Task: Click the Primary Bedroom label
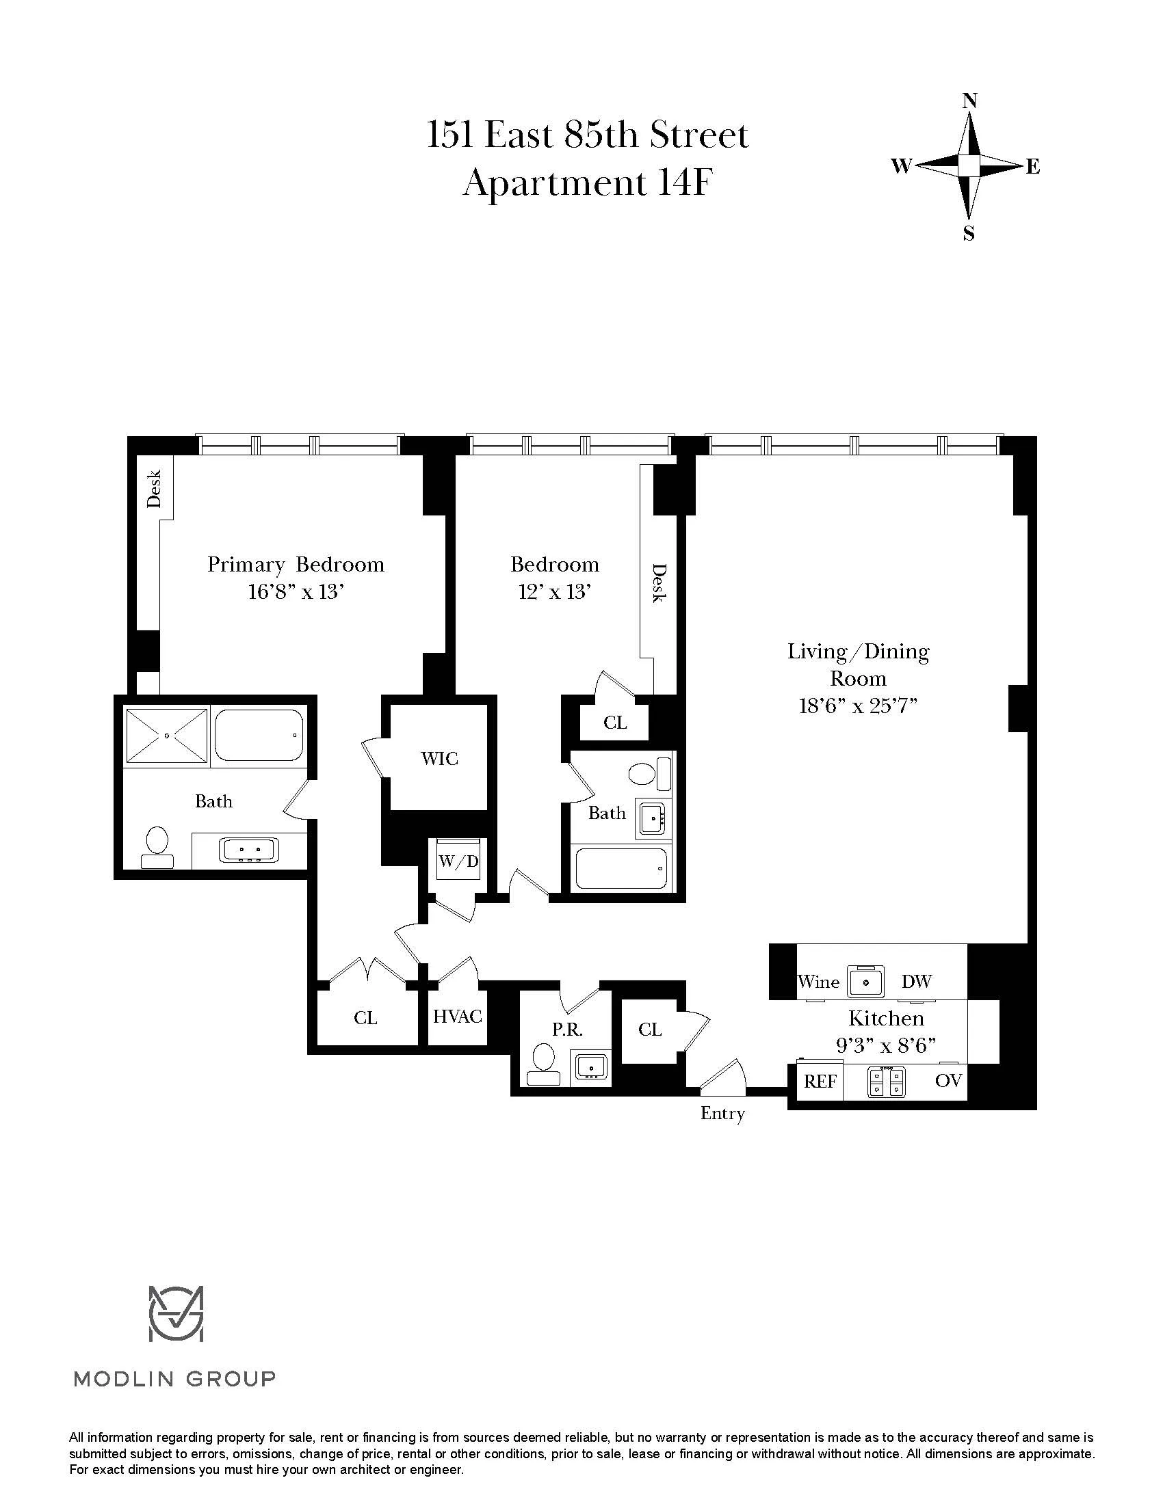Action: tap(296, 565)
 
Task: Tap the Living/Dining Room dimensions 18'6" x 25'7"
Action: tap(858, 707)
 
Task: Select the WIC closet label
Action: tap(440, 759)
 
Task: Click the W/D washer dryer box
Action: tap(458, 862)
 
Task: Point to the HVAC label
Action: tap(458, 1017)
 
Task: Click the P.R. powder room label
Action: tap(567, 1030)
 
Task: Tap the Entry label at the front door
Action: tap(722, 1114)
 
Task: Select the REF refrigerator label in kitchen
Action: tap(820, 1082)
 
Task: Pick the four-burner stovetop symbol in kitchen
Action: tap(886, 1082)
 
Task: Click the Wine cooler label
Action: tap(818, 982)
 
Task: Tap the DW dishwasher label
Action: tap(916, 982)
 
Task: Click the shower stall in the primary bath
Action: tap(167, 736)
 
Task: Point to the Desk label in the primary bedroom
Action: tap(155, 488)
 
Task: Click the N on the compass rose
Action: tap(969, 101)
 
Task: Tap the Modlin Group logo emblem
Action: tap(177, 1313)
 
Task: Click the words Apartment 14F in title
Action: tap(586, 184)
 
